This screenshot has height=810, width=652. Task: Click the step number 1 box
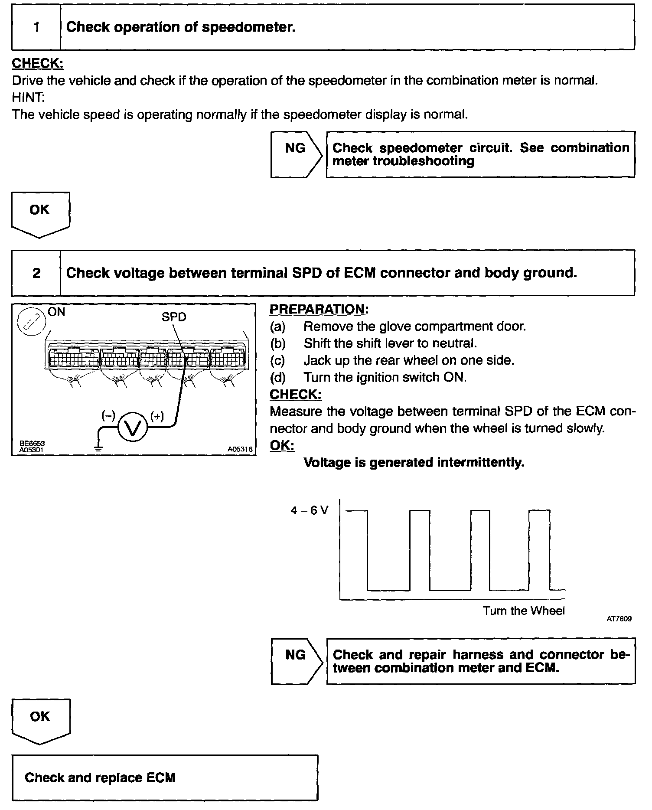click(36, 27)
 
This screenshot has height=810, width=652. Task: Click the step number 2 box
click(36, 273)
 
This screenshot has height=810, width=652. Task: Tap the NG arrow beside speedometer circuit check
click(296, 154)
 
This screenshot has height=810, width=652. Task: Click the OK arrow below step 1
click(40, 214)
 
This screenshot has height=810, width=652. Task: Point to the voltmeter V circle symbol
click(133, 427)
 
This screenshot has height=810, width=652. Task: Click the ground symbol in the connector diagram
click(99, 449)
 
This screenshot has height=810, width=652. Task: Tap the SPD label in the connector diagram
click(173, 317)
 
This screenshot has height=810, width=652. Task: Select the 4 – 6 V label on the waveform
click(310, 510)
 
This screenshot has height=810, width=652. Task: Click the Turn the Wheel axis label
click(524, 611)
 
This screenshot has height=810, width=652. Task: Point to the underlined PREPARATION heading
click(319, 309)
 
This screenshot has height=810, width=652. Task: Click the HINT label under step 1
click(28, 98)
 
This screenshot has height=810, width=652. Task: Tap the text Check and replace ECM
click(100, 777)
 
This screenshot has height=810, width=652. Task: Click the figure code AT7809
click(619, 619)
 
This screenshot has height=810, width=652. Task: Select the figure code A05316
click(240, 450)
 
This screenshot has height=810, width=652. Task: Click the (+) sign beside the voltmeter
click(157, 416)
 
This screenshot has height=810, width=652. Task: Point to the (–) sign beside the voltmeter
click(108, 416)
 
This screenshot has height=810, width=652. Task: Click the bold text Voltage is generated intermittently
click(414, 463)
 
